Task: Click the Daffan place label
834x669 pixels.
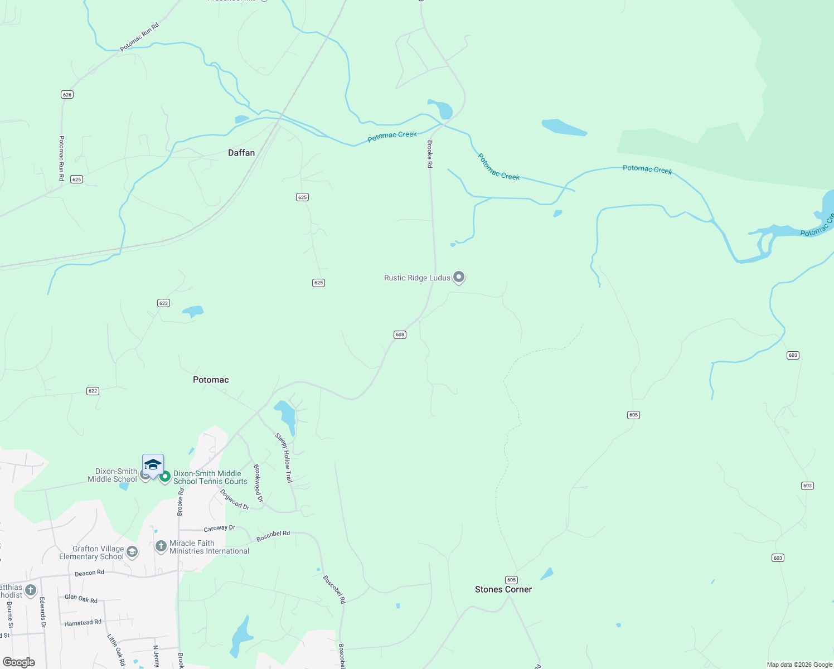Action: [x=241, y=153]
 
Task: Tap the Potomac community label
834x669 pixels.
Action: [x=211, y=380]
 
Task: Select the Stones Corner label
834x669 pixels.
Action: [x=503, y=589]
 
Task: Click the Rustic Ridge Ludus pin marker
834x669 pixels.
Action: [x=459, y=277]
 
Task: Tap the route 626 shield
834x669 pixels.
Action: [x=67, y=95]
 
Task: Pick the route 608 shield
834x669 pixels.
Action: [x=400, y=334]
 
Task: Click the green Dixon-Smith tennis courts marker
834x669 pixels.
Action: [x=165, y=477]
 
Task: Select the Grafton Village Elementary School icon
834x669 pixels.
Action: [x=132, y=552]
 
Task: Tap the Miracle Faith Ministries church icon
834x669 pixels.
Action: [x=161, y=546]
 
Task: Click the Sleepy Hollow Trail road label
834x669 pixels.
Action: [x=284, y=457]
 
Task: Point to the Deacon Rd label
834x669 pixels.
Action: [x=89, y=573]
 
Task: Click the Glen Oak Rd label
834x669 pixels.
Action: [x=81, y=599]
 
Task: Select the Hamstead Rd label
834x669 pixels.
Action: [x=83, y=623]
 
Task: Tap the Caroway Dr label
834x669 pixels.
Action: [x=219, y=528]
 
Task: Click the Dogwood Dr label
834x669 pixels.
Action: [x=235, y=500]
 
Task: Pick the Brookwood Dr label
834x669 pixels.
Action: [x=258, y=483]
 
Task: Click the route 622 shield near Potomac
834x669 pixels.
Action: [x=93, y=391]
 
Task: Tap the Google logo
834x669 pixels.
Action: [x=19, y=662]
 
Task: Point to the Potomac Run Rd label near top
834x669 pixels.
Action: [x=139, y=37]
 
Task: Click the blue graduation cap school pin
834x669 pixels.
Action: [x=153, y=464]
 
